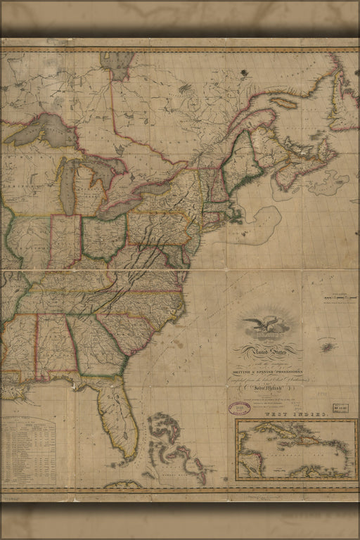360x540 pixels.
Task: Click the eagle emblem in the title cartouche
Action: [x=267, y=326]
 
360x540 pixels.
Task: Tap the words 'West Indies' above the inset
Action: [x=296, y=416]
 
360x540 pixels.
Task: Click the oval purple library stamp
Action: [x=240, y=408]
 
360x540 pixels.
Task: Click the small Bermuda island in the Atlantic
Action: [x=328, y=347]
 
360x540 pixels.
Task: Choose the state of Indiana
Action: [x=66, y=241]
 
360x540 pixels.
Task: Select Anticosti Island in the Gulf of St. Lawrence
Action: [x=284, y=103]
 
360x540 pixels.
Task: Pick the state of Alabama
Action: [x=56, y=345]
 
